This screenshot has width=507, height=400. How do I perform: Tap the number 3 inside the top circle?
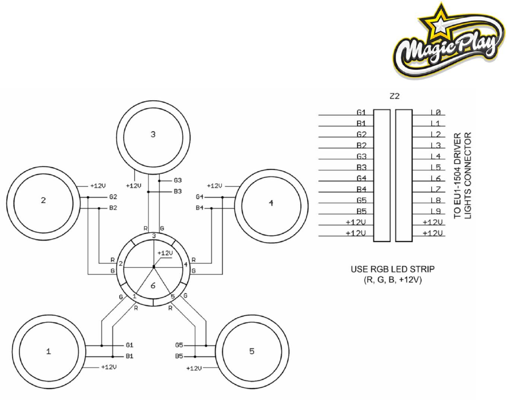pyautogui.click(x=153, y=134)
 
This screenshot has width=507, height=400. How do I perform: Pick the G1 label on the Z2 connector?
pyautogui.click(x=361, y=113)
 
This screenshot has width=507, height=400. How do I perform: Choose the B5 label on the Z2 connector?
pyautogui.click(x=361, y=212)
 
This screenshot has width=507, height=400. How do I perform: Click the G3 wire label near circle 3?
pyautogui.click(x=178, y=181)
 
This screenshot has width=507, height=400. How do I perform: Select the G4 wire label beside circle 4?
pyautogui.click(x=200, y=197)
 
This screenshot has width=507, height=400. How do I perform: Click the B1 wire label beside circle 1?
pyautogui.click(x=130, y=356)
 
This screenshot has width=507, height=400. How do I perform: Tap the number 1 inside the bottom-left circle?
pyautogui.click(x=48, y=351)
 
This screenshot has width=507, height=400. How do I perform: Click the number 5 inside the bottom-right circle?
pyautogui.click(x=252, y=351)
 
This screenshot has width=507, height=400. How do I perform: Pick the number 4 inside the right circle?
pyautogui.click(x=270, y=203)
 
